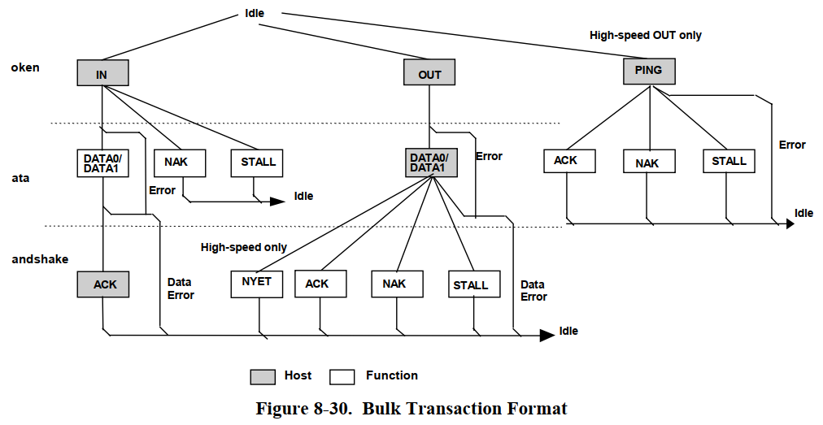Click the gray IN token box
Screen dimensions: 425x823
(x=102, y=73)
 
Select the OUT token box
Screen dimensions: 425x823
(x=429, y=74)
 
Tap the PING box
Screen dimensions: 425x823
(x=648, y=71)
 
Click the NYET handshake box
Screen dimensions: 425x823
(x=257, y=283)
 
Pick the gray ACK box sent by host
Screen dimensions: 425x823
(x=103, y=284)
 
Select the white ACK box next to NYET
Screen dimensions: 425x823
(x=320, y=284)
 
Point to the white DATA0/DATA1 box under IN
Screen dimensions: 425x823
(x=102, y=163)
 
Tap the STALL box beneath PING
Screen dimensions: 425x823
(x=729, y=161)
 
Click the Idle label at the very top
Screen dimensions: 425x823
(x=255, y=14)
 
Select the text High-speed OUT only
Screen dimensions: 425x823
(x=646, y=36)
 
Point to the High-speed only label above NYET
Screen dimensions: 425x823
(x=244, y=247)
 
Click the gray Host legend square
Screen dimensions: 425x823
(x=262, y=376)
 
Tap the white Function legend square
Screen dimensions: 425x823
(x=342, y=376)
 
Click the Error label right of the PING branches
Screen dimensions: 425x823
(x=792, y=145)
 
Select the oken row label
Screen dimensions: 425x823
(x=25, y=67)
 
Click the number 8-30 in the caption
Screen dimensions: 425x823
(x=331, y=408)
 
